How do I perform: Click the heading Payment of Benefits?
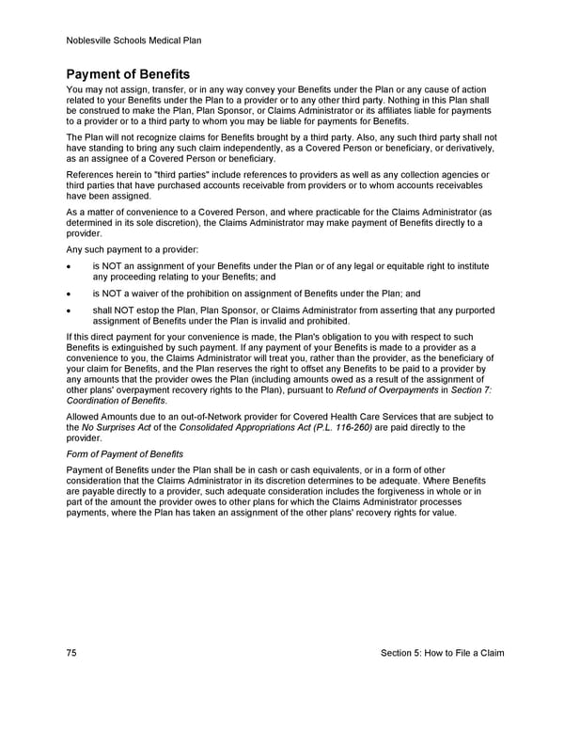(128, 73)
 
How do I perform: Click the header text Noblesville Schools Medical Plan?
(134, 40)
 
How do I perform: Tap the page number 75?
(72, 653)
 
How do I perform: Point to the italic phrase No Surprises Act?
(118, 427)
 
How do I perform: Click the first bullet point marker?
(70, 266)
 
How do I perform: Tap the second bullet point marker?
(70, 294)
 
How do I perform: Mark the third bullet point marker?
(70, 309)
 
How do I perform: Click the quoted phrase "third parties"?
(165, 175)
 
